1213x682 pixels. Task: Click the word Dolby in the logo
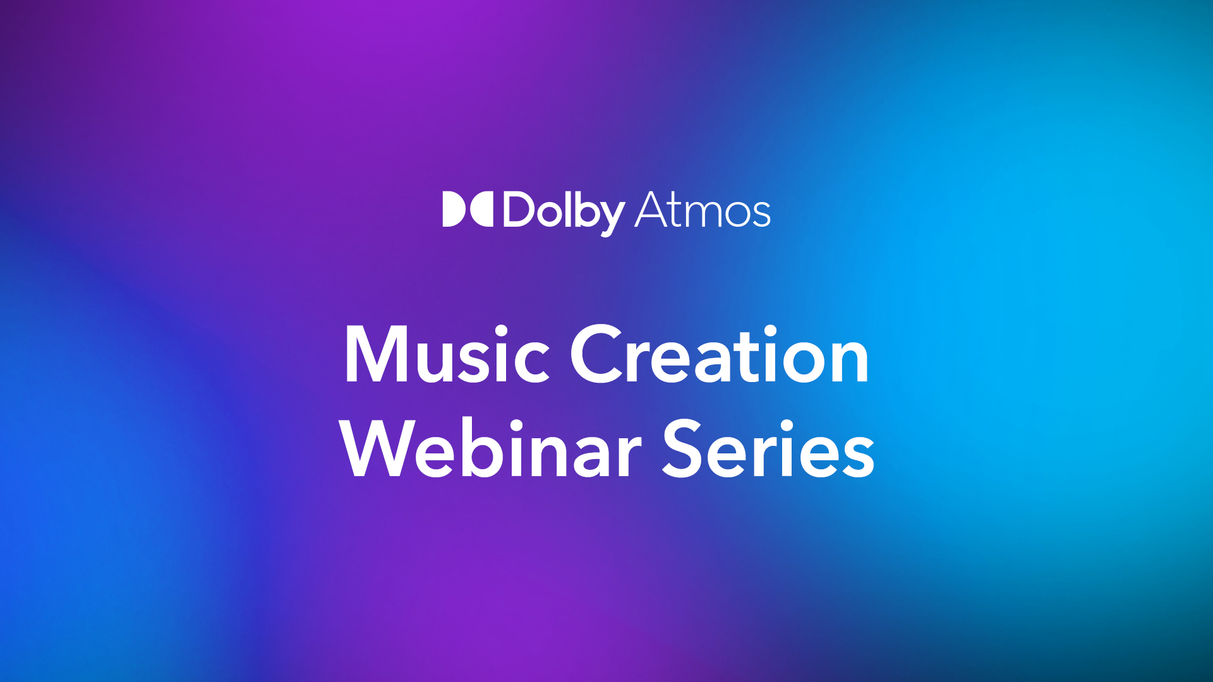[564, 213]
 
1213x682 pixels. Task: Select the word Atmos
[703, 210]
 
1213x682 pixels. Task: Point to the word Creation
[720, 354]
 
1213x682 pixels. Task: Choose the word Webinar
[491, 448]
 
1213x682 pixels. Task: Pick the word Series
[768, 448]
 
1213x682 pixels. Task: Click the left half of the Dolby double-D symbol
[454, 209]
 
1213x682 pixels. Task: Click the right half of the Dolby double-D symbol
[481, 209]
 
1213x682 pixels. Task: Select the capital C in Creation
[596, 354]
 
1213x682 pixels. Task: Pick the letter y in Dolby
[611, 218]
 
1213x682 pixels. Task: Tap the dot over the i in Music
[501, 332]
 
